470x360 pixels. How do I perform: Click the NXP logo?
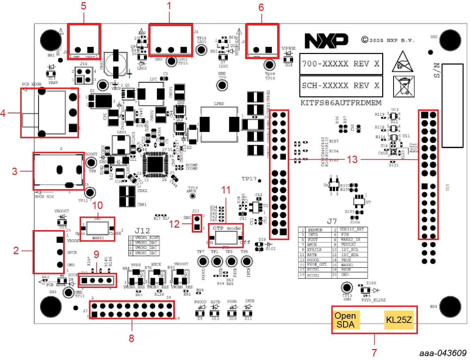[x=326, y=41]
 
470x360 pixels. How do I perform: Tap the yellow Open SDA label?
[x=345, y=320]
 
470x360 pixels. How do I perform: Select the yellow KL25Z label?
[x=399, y=320]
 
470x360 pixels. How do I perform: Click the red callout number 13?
[x=352, y=160]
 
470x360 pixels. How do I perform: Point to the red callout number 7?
[x=374, y=352]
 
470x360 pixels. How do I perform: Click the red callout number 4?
[x=3, y=113]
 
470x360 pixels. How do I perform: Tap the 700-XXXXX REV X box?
[x=341, y=64]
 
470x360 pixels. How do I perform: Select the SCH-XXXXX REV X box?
[x=341, y=85]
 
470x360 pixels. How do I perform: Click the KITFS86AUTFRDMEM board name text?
[x=341, y=103]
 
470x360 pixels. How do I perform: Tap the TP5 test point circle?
[x=246, y=262]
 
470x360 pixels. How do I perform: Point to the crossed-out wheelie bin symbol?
[x=403, y=86]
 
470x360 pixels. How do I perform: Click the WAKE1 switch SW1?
[x=98, y=229]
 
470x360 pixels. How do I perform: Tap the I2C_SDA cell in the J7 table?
[x=350, y=254]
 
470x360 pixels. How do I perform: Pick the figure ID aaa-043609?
[x=443, y=353]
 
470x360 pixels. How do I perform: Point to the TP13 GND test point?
[x=347, y=287]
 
